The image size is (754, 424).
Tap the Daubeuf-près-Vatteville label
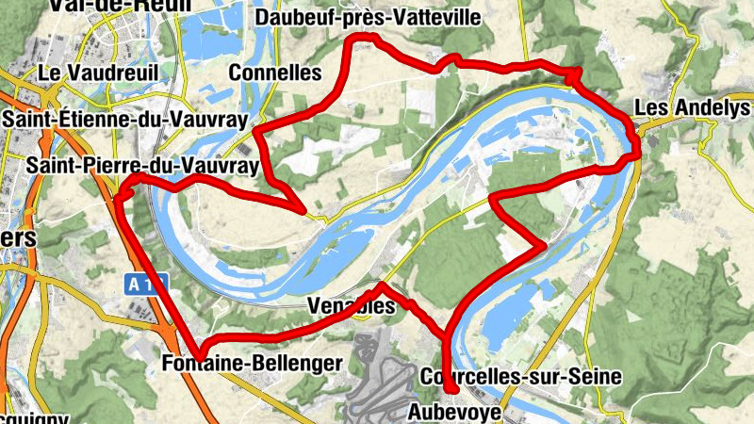coord(368,17)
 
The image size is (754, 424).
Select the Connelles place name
coord(275,73)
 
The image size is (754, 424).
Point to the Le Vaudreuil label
coord(101,72)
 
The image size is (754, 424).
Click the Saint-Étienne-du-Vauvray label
coord(124,120)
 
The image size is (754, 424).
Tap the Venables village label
coord(350,307)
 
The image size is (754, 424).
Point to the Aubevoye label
coord(455,412)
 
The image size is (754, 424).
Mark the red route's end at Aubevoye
coord(451,389)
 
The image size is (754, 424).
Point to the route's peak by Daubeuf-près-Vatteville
coord(369,39)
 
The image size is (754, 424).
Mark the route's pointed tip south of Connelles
coord(301,211)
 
